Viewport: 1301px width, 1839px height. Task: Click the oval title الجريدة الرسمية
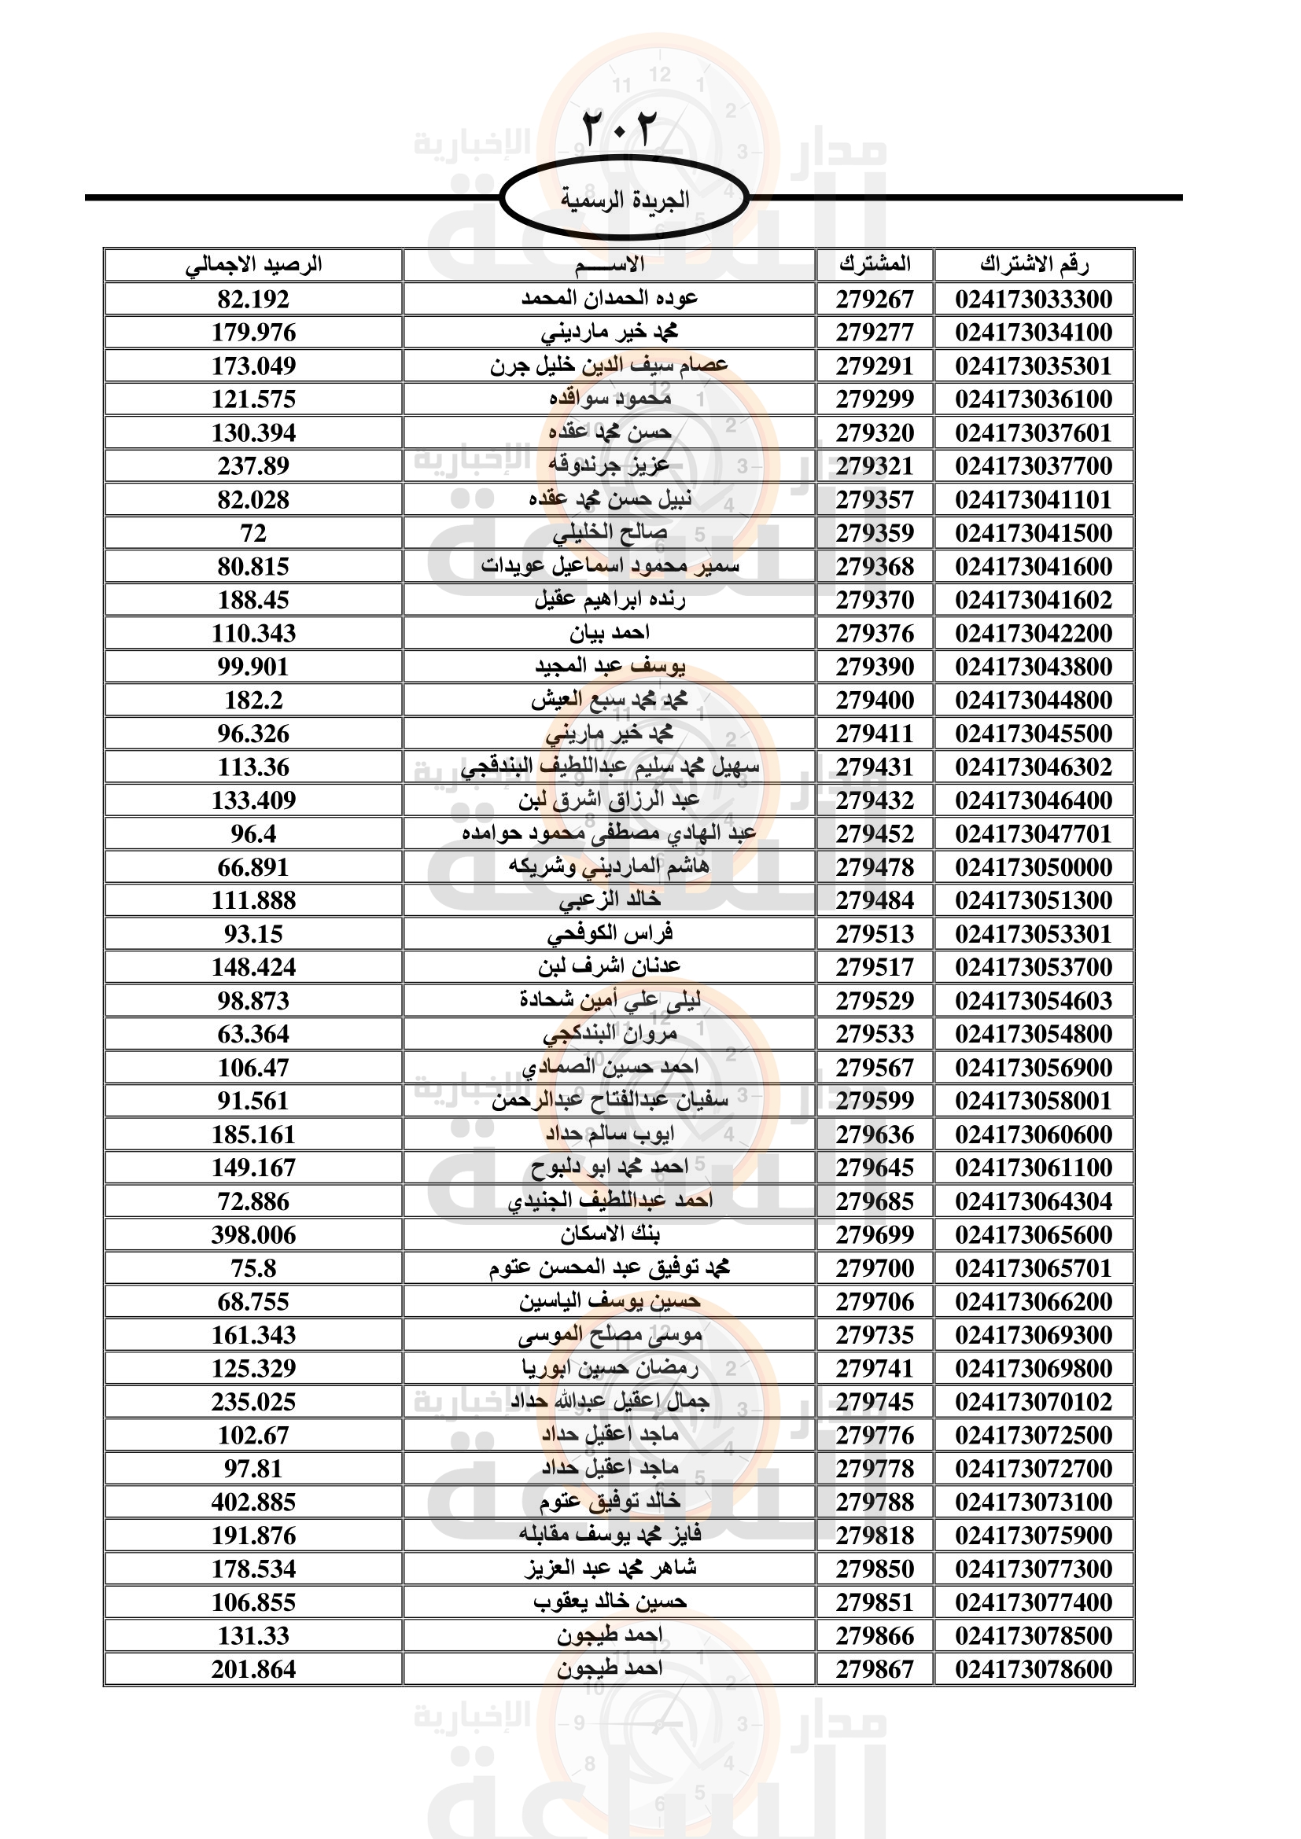pyautogui.click(x=624, y=199)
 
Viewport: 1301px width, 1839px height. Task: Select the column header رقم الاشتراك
pyautogui.click(x=1034, y=264)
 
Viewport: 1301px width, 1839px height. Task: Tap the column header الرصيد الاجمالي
pyautogui.click(x=253, y=264)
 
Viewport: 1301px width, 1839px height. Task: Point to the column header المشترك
pyautogui.click(x=875, y=264)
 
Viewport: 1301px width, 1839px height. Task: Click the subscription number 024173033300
pyautogui.click(x=1034, y=300)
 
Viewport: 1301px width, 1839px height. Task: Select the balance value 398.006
pyautogui.click(x=253, y=1235)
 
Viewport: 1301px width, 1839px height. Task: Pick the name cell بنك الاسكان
pyautogui.click(x=610, y=1234)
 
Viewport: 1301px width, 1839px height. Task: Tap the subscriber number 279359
pyautogui.click(x=875, y=533)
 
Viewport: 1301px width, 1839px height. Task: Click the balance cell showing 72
pyautogui.click(x=253, y=533)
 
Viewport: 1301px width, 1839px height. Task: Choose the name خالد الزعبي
pyautogui.click(x=610, y=900)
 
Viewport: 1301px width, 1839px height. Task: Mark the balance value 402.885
pyautogui.click(x=253, y=1502)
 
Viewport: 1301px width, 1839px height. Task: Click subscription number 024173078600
pyautogui.click(x=1034, y=1670)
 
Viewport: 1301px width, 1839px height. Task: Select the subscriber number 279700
pyautogui.click(x=875, y=1269)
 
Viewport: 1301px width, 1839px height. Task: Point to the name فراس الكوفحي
pyautogui.click(x=610, y=934)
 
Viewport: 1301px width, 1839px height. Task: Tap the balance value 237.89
pyautogui.click(x=253, y=466)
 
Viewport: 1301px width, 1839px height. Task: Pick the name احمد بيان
pyautogui.click(x=610, y=634)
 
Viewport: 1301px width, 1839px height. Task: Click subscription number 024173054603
pyautogui.click(x=1034, y=1001)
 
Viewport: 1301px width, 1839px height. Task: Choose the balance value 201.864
pyautogui.click(x=253, y=1670)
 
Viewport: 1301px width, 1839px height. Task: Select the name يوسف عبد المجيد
pyautogui.click(x=610, y=667)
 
